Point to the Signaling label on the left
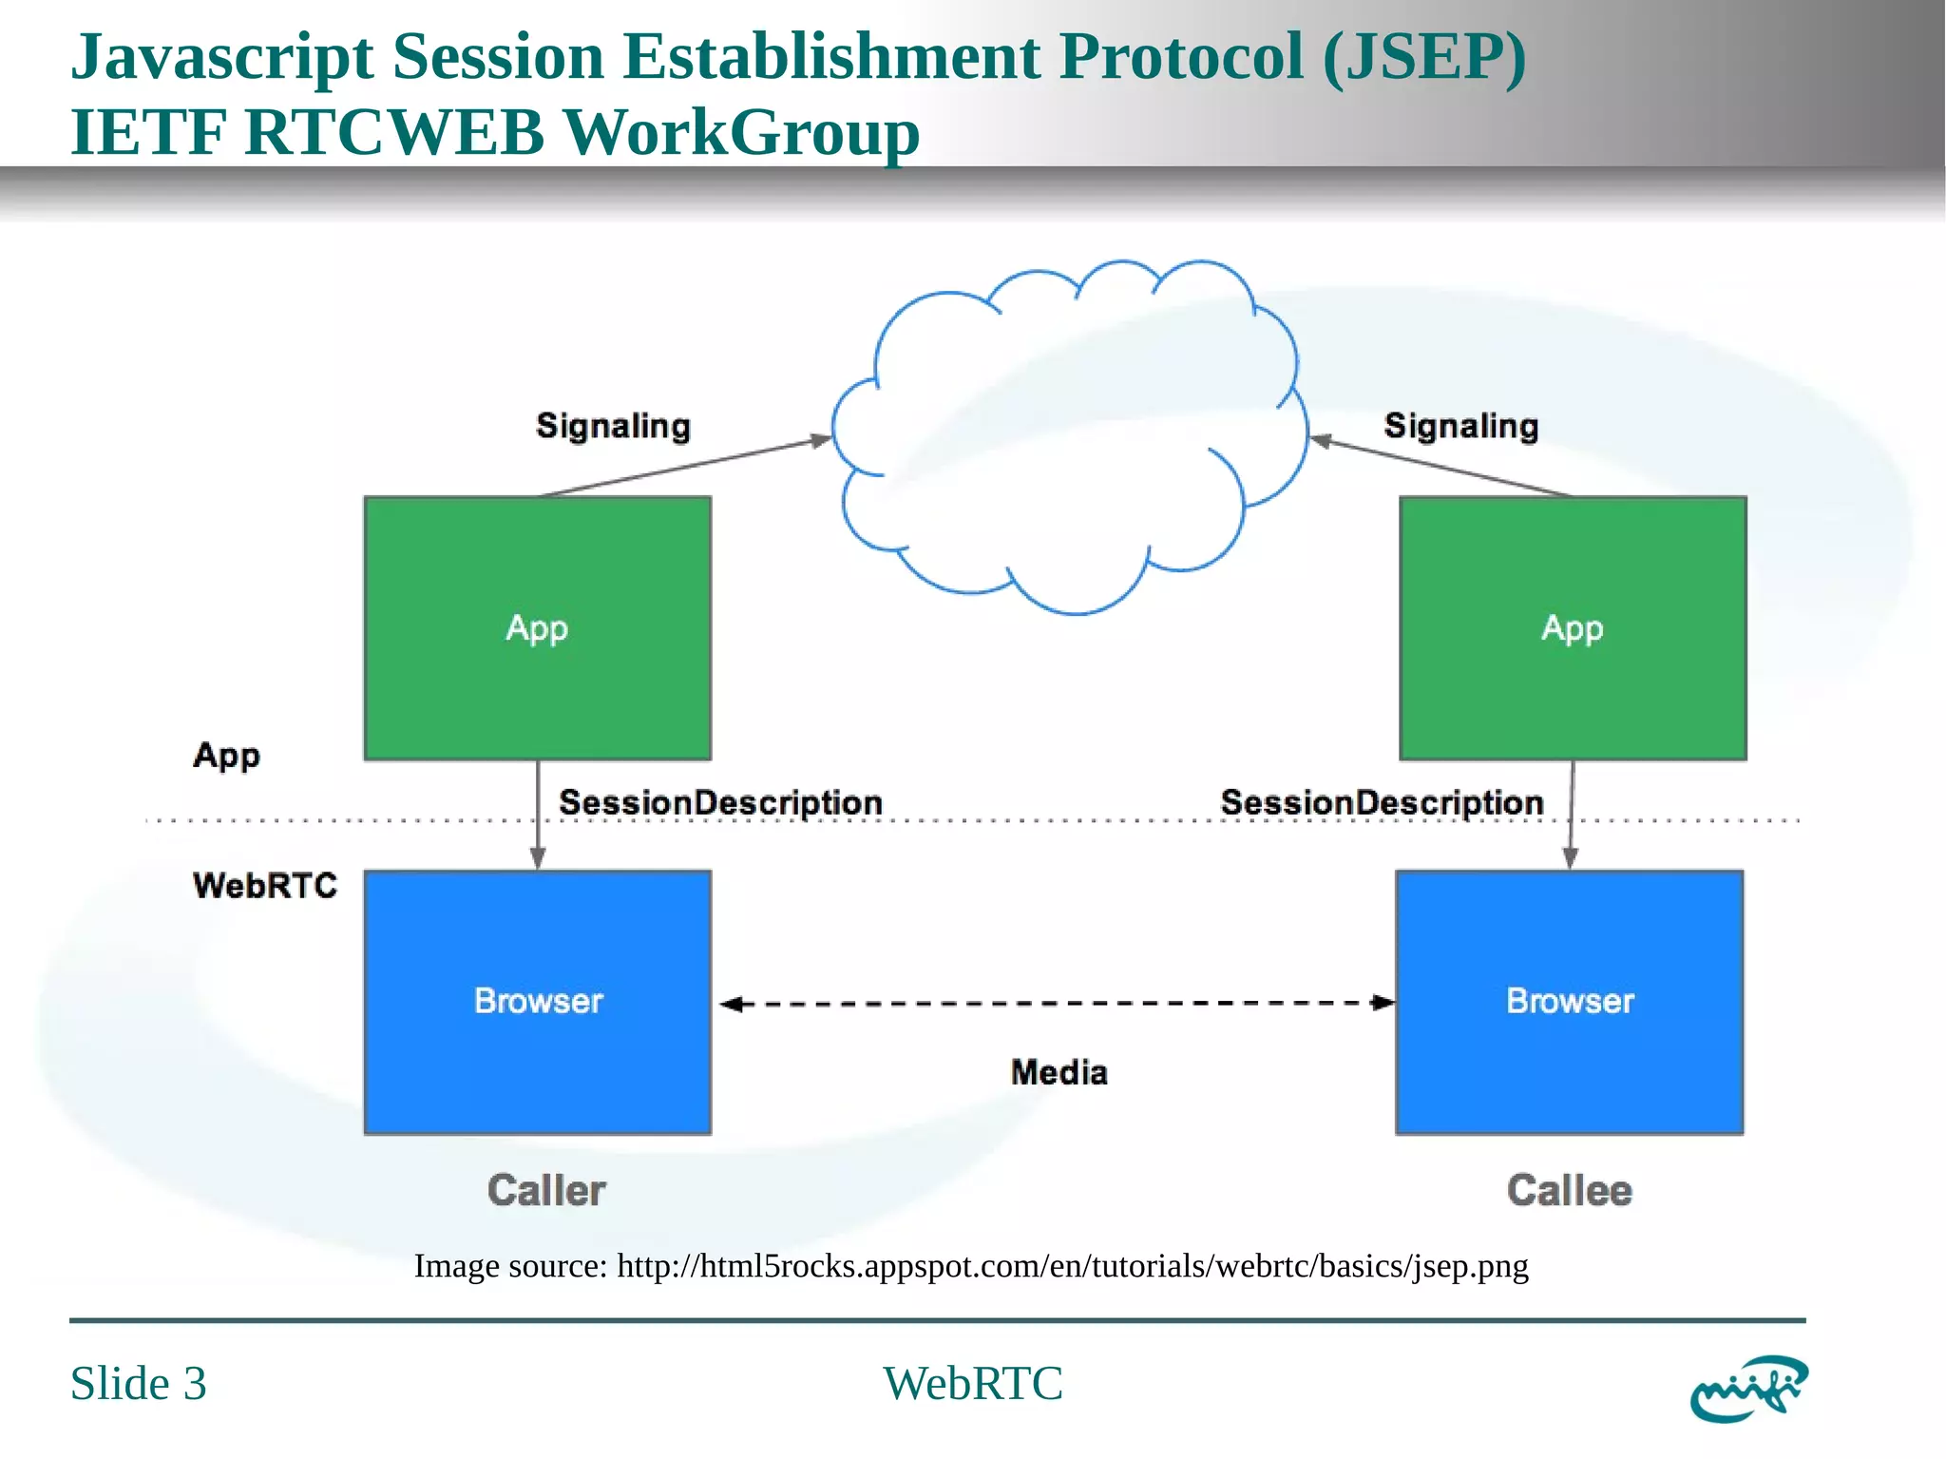(x=613, y=426)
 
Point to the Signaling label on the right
(x=1460, y=426)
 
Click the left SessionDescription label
(x=720, y=802)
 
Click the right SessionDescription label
(x=1382, y=802)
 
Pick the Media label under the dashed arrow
(x=1059, y=1072)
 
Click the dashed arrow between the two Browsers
(x=1057, y=1003)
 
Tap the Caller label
(x=546, y=1190)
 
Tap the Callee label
(x=1569, y=1190)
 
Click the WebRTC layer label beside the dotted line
(x=265, y=885)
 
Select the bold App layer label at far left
(x=226, y=756)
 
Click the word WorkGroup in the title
(x=742, y=132)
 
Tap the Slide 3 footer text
(x=139, y=1383)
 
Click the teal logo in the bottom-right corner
(x=1747, y=1388)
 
